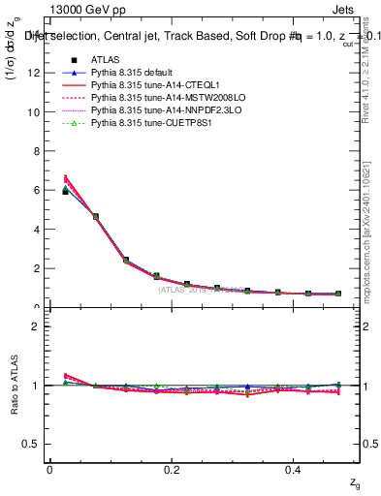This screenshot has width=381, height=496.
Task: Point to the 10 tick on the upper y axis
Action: [37, 111]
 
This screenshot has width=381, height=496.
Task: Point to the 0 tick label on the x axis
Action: [49, 470]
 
